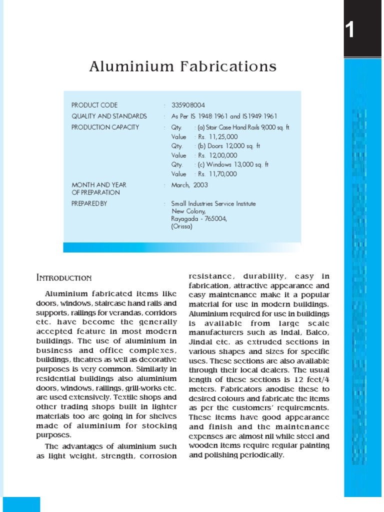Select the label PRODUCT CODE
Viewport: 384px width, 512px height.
(94, 105)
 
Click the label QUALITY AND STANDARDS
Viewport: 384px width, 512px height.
(109, 116)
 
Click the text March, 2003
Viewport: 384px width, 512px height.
(189, 185)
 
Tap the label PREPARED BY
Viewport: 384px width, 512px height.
(89, 203)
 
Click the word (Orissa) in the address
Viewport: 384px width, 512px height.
(181, 226)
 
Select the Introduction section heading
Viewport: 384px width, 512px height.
(64, 277)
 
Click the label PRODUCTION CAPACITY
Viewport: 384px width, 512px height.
(105, 127)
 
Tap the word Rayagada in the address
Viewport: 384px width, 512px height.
(184, 218)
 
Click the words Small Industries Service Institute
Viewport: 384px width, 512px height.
(213, 203)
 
